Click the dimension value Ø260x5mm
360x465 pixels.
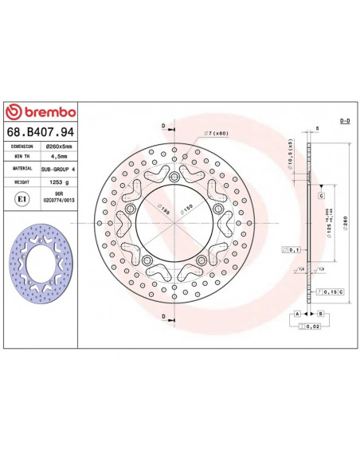pyautogui.click(x=58, y=147)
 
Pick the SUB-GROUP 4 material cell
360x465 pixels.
pyautogui.click(x=58, y=170)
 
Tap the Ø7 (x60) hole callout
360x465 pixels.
pyautogui.click(x=217, y=132)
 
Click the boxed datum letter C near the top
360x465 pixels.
pyautogui.click(x=321, y=195)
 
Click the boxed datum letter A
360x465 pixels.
pyautogui.click(x=297, y=314)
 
